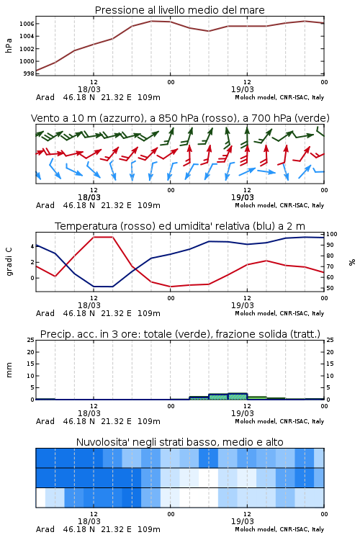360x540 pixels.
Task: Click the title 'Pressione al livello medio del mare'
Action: [x=179, y=10]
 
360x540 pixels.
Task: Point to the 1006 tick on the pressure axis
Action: [x=27, y=24]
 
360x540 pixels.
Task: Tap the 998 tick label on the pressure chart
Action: [x=29, y=73]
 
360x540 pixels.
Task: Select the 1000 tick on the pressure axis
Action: [x=27, y=61]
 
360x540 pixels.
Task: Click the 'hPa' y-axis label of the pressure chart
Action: [x=9, y=45]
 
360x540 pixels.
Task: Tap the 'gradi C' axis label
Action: [x=9, y=261]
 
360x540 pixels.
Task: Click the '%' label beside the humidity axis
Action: [x=352, y=262]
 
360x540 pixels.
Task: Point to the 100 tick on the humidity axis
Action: [x=332, y=234]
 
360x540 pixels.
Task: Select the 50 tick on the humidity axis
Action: [x=330, y=288]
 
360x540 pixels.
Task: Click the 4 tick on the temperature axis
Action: [x=32, y=246]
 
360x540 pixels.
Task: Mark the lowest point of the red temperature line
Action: [x=171, y=287]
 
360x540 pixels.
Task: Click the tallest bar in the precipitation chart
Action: [x=238, y=397]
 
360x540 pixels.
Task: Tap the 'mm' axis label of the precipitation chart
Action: [x=9, y=370]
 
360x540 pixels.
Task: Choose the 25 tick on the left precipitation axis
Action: [x=31, y=340]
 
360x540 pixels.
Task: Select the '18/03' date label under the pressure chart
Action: [x=89, y=89]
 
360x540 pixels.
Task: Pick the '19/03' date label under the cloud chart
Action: [x=242, y=521]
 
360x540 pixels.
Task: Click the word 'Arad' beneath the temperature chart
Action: [x=45, y=313]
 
